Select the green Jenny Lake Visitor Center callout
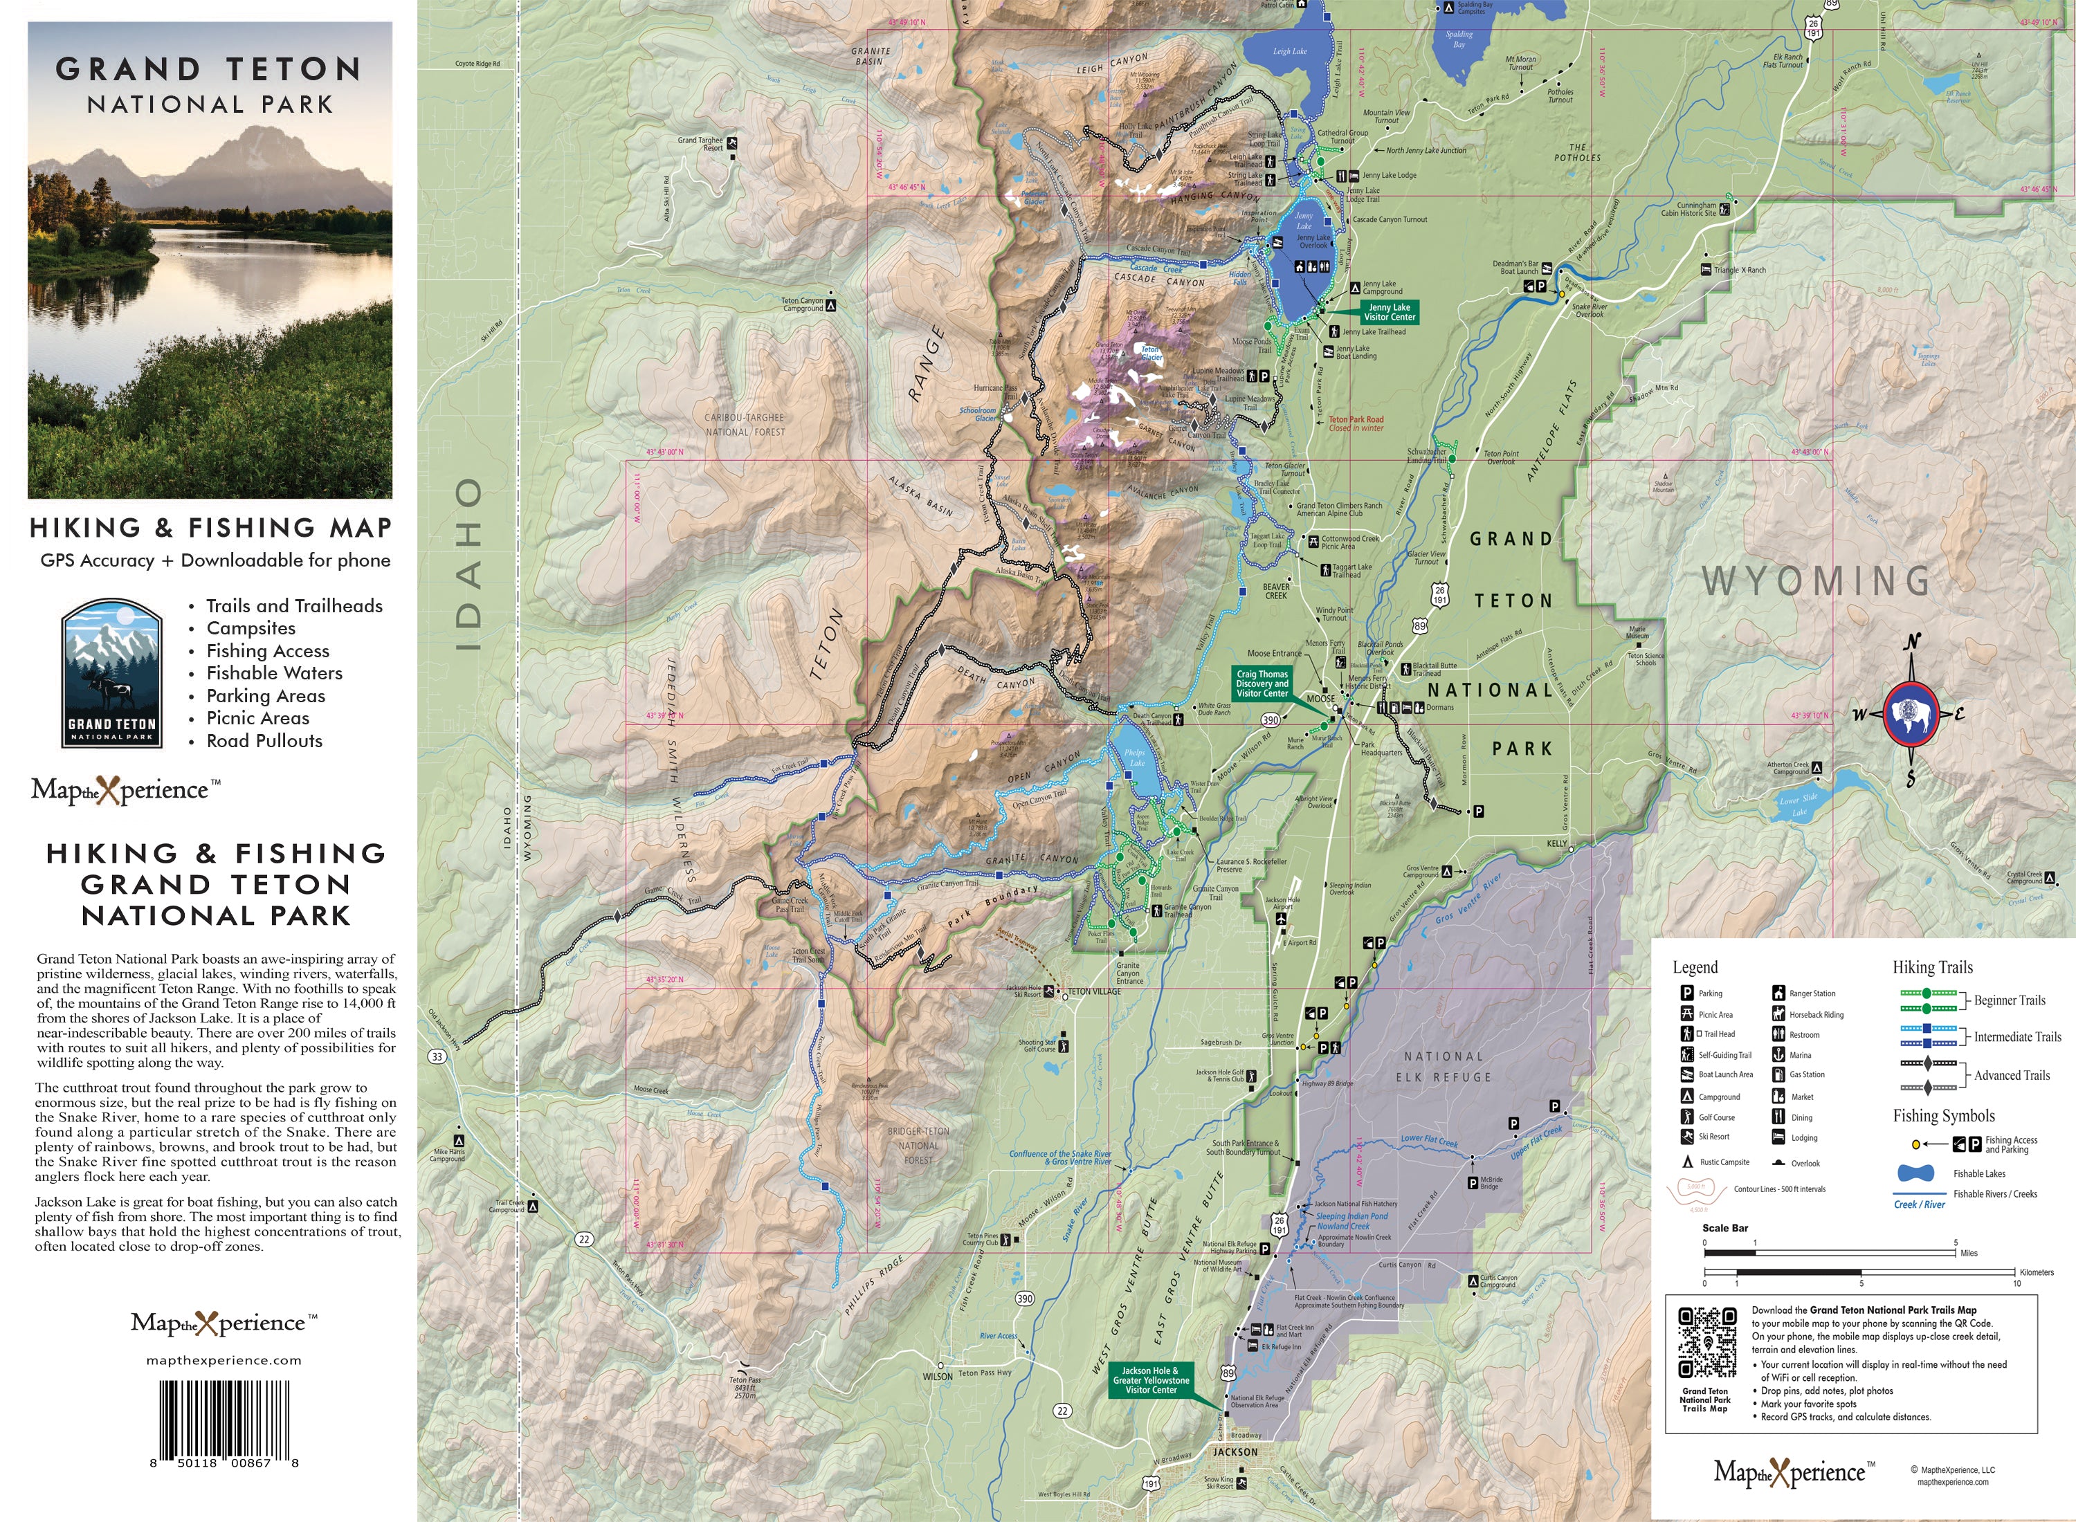click(x=1389, y=311)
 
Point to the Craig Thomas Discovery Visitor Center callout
click(x=1262, y=684)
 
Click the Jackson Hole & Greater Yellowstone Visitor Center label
click(x=1151, y=1380)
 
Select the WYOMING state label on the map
click(x=1815, y=580)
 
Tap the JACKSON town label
click(x=1235, y=1452)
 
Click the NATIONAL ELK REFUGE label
click(x=1444, y=1067)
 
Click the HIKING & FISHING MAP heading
click(x=210, y=527)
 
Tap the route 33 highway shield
click(x=437, y=1056)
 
